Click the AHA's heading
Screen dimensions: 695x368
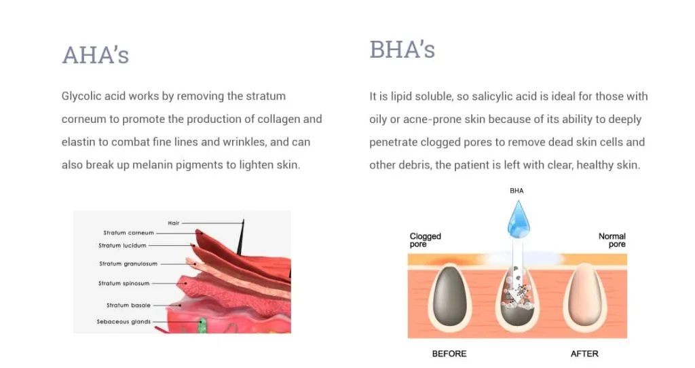pyautogui.click(x=95, y=55)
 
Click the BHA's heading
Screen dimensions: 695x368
pyautogui.click(x=402, y=49)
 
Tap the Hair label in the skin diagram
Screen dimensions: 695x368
pyautogui.click(x=174, y=223)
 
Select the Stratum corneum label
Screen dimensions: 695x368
pyautogui.click(x=128, y=233)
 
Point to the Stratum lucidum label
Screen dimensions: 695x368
pyautogui.click(x=122, y=245)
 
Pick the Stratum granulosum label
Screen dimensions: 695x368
pyautogui.click(x=128, y=264)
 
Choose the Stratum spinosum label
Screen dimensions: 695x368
pyautogui.click(x=124, y=283)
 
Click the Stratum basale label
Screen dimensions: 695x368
pyautogui.click(x=128, y=305)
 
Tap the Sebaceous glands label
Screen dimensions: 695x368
pyautogui.click(x=124, y=322)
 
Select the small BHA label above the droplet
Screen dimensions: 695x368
pyautogui.click(x=516, y=191)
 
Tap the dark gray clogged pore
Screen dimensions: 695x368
pyautogui.click(x=449, y=296)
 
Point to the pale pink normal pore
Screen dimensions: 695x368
pyautogui.click(x=585, y=295)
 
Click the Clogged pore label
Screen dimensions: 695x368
pyautogui.click(x=425, y=240)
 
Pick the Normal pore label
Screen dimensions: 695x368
pyautogui.click(x=612, y=240)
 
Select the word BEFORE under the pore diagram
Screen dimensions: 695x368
pyautogui.click(x=449, y=354)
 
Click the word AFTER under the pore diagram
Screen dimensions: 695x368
pyautogui.click(x=584, y=354)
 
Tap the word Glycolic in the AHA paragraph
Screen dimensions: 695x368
pyautogui.click(x=81, y=96)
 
